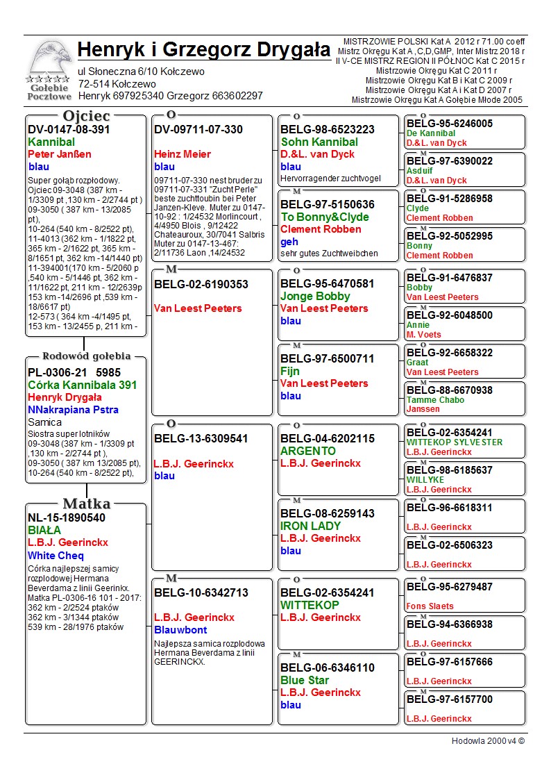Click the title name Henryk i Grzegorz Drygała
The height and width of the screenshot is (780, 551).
pos(204,50)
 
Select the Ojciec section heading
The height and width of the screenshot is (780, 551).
pos(86,116)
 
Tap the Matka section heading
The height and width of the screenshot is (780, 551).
pos(86,504)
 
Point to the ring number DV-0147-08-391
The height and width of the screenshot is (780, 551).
pos(69,129)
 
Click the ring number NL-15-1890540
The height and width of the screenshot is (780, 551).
pos(67,517)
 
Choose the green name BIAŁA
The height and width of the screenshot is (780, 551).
pos(44,530)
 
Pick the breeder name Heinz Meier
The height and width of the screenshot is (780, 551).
pos(182,154)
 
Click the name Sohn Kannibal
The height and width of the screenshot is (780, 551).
pos(319,142)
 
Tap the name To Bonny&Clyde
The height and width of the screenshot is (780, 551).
pos(325,217)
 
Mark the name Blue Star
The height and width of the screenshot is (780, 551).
pos(305,680)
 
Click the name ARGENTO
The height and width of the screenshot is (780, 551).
pos(308,451)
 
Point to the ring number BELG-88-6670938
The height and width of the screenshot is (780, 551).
pos(450,390)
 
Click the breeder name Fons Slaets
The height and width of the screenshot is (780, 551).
pos(430,606)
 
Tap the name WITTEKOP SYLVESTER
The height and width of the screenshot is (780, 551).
pos(455,442)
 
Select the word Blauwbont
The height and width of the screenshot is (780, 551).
pos(180,630)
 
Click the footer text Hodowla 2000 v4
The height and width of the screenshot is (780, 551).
pos(488,741)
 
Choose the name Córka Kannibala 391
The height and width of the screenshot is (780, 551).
pos(82,385)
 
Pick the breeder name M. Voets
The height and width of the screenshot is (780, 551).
pos(423,335)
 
